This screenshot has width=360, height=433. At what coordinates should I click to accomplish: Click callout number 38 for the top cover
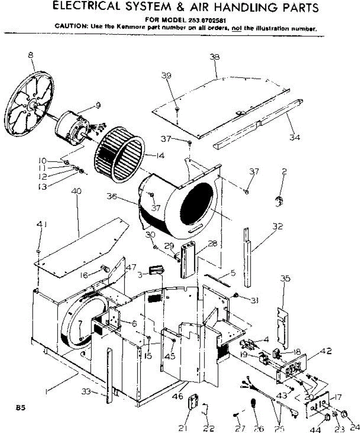[214, 57]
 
